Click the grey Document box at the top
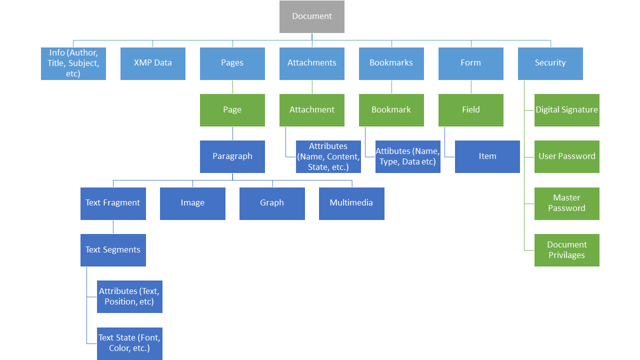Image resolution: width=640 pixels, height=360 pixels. click(311, 16)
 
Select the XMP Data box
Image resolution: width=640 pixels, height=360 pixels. click(152, 63)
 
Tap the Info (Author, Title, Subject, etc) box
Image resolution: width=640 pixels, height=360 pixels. click(73, 63)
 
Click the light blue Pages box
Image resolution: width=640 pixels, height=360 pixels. click(232, 63)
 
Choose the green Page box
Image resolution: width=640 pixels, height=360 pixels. click(232, 110)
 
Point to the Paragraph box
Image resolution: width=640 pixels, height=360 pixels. click(232, 156)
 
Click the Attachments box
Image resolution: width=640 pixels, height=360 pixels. click(311, 63)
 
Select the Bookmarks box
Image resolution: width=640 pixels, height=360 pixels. click(391, 63)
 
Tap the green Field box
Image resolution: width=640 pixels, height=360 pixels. click(470, 110)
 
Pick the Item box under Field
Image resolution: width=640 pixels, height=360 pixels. click(487, 156)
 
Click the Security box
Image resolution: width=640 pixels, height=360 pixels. click(550, 63)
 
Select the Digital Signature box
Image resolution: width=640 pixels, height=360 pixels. click(566, 110)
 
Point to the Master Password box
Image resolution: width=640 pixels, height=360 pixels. click(566, 203)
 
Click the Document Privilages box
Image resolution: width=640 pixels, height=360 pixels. click(566, 250)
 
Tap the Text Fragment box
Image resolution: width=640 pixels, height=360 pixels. click(113, 203)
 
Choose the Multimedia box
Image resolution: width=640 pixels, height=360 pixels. click(351, 203)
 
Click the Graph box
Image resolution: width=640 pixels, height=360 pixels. click(272, 203)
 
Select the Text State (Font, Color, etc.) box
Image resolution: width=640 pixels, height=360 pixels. click(129, 343)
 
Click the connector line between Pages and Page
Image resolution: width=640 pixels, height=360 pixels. click(232, 87)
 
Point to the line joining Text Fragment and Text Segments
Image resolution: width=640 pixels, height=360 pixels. click(113, 227)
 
